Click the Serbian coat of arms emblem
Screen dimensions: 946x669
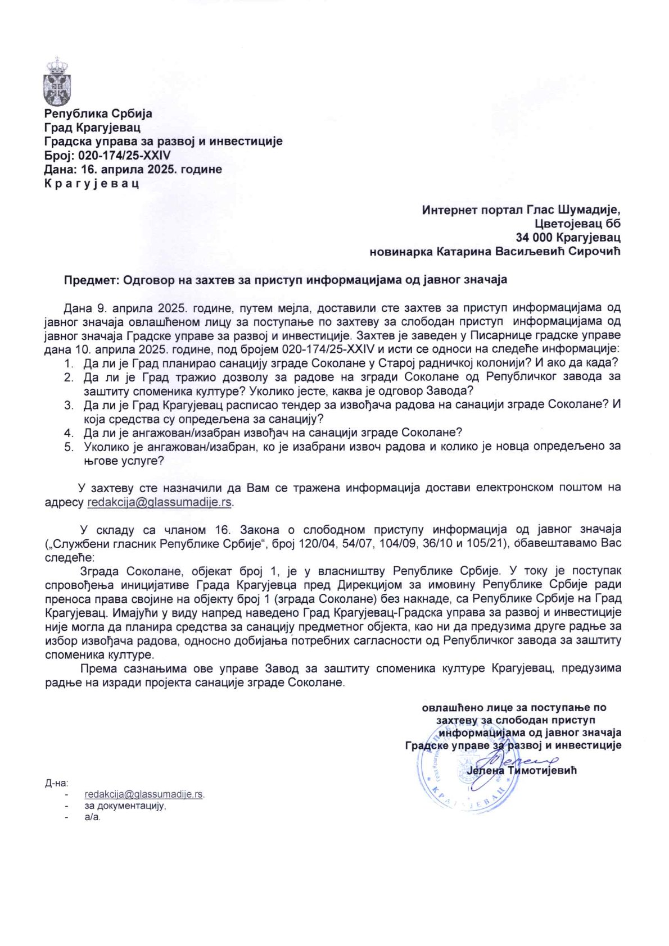pyautogui.click(x=56, y=81)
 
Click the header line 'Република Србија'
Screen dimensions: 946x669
pyautogui.click(x=98, y=113)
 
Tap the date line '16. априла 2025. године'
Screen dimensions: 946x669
pyautogui.click(x=151, y=169)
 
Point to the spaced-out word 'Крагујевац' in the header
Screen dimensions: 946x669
pyautogui.click(x=92, y=183)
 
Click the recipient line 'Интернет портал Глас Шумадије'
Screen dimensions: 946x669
pyautogui.click(x=521, y=210)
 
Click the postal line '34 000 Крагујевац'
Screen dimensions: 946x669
pyautogui.click(x=568, y=238)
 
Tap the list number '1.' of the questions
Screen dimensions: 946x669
pyautogui.click(x=68, y=362)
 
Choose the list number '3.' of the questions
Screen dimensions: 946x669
pyautogui.click(x=68, y=404)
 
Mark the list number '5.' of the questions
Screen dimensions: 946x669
pyautogui.click(x=68, y=447)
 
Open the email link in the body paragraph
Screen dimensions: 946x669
pyautogui.click(x=160, y=502)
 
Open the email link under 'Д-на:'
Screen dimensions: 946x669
pyautogui.click(x=144, y=794)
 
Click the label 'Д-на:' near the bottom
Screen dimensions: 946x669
pyautogui.click(x=56, y=783)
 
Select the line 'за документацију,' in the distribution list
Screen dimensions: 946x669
pyautogui.click(x=125, y=806)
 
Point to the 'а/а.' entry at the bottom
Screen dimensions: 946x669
pyautogui.click(x=93, y=817)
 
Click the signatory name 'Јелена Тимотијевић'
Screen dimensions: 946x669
pyautogui.click(x=521, y=771)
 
